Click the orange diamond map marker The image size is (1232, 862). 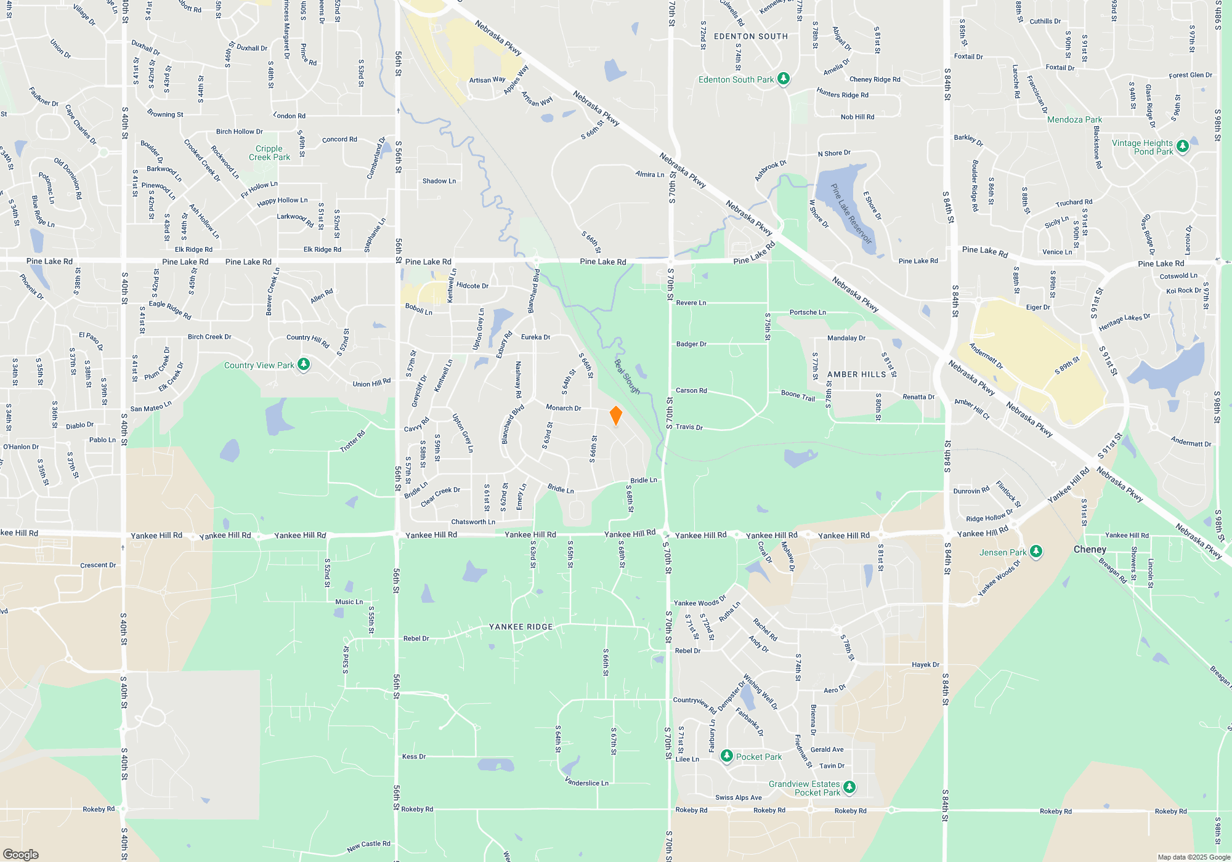615,416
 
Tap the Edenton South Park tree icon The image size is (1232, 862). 784,79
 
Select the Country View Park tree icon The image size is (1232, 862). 304,365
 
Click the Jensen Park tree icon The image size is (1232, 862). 1036,552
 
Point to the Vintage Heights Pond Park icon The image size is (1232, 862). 1182,147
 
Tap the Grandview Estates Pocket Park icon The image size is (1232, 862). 849,787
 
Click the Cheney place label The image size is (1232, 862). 1090,549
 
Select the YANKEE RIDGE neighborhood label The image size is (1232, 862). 521,627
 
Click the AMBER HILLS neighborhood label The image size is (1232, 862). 856,374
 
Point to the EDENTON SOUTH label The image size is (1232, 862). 750,36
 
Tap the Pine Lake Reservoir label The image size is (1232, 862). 851,214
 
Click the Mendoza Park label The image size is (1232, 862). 1074,119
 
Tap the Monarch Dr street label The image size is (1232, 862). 563,408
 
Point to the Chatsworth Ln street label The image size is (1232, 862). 472,522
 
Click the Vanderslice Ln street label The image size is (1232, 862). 586,782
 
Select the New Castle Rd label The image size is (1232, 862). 368,846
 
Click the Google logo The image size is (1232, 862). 20,854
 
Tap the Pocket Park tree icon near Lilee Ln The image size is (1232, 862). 727,756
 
